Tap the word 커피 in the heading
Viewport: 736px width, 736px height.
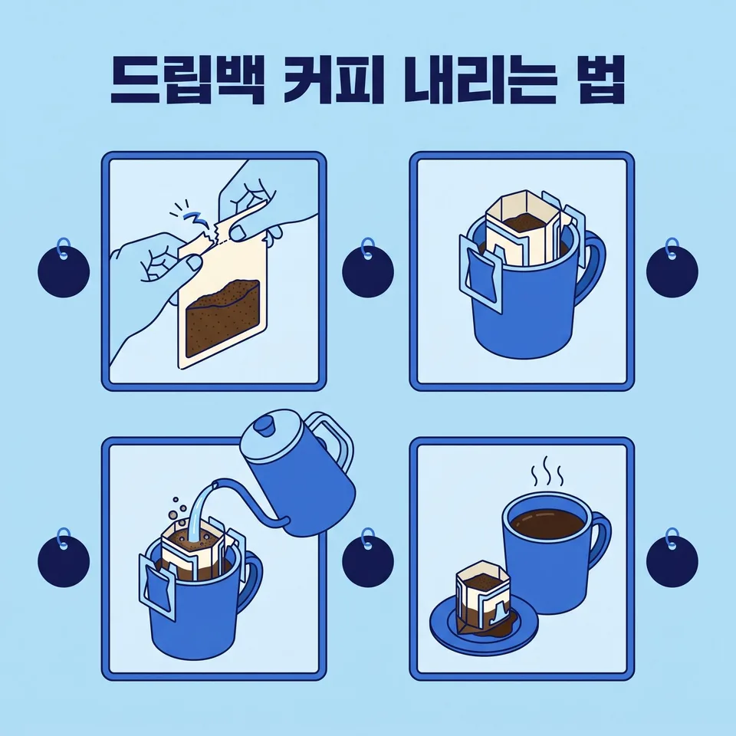click(335, 80)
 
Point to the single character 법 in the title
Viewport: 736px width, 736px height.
click(602, 80)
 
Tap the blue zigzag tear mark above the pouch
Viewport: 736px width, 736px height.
click(192, 218)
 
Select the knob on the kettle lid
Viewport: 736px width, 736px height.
click(263, 426)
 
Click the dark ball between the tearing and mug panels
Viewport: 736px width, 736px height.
click(368, 271)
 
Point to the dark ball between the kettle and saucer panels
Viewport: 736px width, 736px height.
click(368, 561)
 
